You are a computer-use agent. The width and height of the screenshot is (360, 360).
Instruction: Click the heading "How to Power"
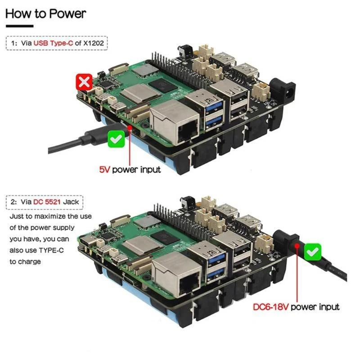tap(45, 13)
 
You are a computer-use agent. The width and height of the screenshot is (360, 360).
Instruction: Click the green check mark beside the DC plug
tap(313, 251)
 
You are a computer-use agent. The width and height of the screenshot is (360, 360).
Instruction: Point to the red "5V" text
tap(104, 170)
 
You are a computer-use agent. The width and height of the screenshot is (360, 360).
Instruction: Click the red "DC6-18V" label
tap(270, 307)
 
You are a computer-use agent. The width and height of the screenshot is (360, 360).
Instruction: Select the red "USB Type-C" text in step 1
tap(55, 43)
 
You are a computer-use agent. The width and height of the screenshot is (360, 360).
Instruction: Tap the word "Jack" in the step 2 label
tap(71, 202)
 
